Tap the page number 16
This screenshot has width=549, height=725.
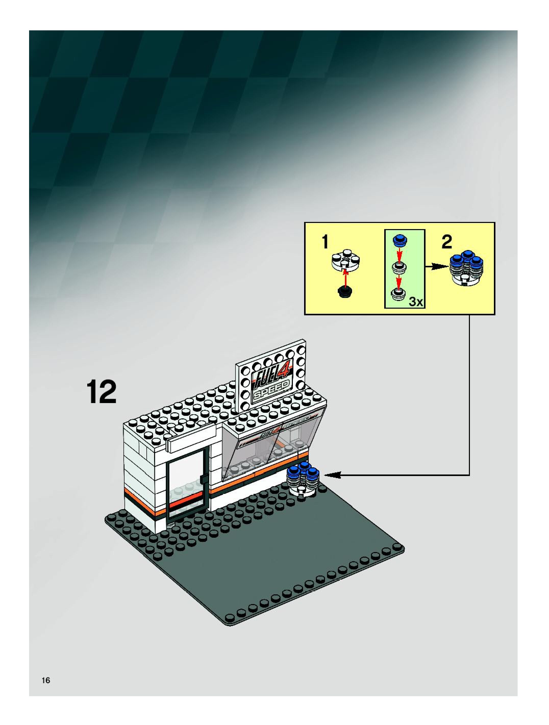46,680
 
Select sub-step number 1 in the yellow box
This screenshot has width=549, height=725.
325,242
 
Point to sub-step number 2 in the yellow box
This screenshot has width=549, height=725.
447,242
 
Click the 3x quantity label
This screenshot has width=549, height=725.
416,302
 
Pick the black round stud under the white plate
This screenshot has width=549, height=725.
345,291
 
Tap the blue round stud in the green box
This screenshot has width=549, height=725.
399,240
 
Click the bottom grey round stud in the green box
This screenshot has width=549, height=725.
398,294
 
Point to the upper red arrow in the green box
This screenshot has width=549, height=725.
399,253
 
